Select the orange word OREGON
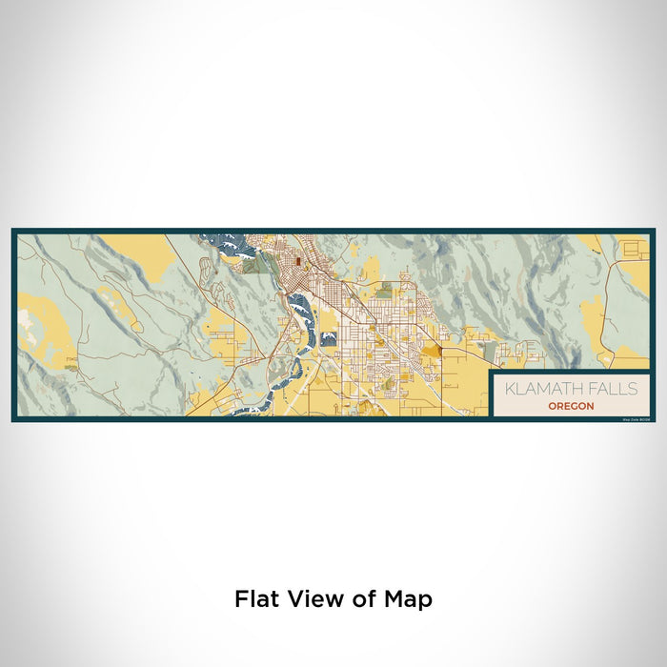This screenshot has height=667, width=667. click(x=571, y=405)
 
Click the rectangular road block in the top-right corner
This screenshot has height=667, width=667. click(x=634, y=251)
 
